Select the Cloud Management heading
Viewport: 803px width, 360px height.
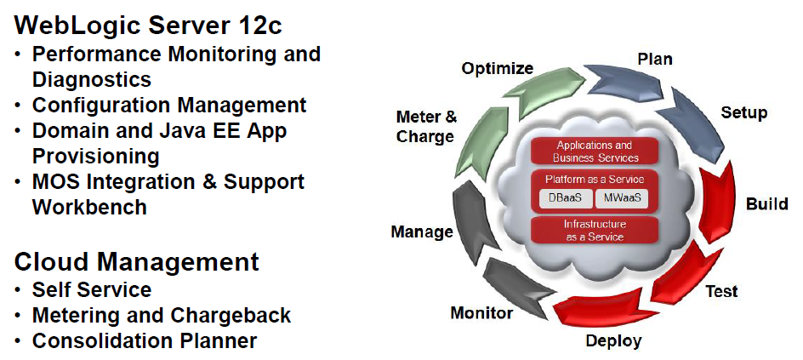[x=137, y=261]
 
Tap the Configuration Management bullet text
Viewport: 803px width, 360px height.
[x=169, y=106]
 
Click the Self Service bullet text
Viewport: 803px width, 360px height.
[x=92, y=290]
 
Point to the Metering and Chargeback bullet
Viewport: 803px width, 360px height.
[x=162, y=316]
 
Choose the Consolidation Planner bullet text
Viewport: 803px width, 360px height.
[x=145, y=341]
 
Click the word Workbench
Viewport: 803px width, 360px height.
[x=89, y=207]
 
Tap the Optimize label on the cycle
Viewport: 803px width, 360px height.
[x=498, y=68]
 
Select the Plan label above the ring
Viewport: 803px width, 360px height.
[x=655, y=59]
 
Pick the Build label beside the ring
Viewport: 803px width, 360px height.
[x=766, y=204]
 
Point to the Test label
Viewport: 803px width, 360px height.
[x=721, y=292]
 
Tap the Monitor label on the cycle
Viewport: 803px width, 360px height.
[x=481, y=313]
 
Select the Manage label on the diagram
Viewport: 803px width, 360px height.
[x=422, y=231]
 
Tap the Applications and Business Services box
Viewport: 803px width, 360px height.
[x=595, y=151]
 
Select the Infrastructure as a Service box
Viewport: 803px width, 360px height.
[x=595, y=230]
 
